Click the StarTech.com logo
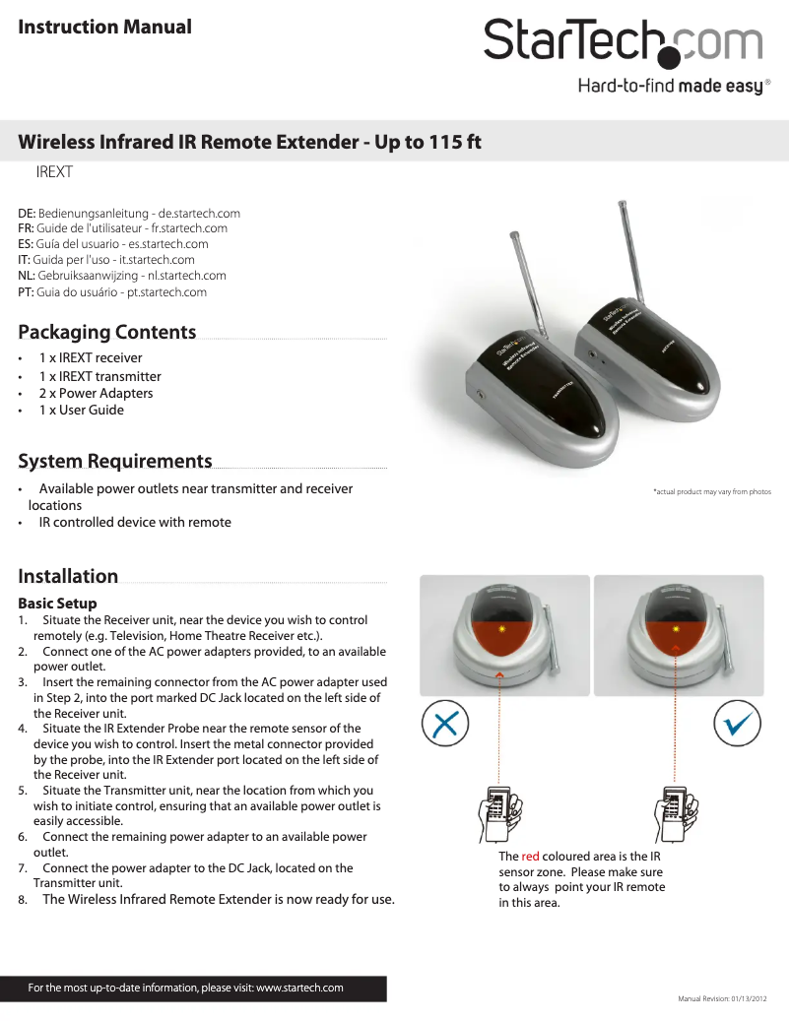(623, 44)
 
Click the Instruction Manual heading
(104, 27)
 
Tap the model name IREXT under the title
(55, 172)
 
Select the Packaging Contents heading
(106, 332)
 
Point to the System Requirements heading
(114, 461)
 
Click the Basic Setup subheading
(57, 603)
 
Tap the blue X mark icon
(444, 726)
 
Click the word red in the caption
(531, 857)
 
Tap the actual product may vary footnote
(711, 491)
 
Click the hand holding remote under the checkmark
(678, 812)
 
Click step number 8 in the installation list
(22, 899)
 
